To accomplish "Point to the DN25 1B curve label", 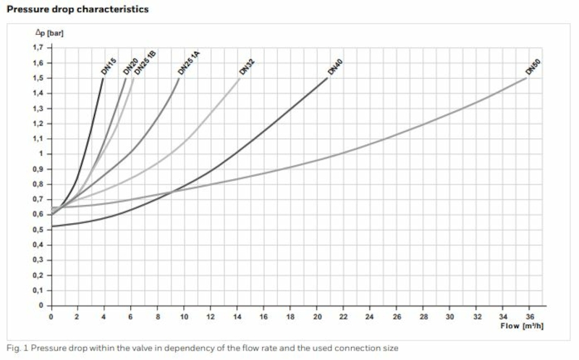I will coord(145,62).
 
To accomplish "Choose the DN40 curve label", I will coord(334,67).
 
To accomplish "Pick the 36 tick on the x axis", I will coord(530,317).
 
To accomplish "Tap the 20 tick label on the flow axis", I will coord(317,317).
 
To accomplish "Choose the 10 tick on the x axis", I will coord(184,317).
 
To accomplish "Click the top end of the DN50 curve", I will coord(528,78).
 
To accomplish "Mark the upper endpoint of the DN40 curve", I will coord(327,78).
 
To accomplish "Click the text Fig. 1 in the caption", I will coord(15,348).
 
